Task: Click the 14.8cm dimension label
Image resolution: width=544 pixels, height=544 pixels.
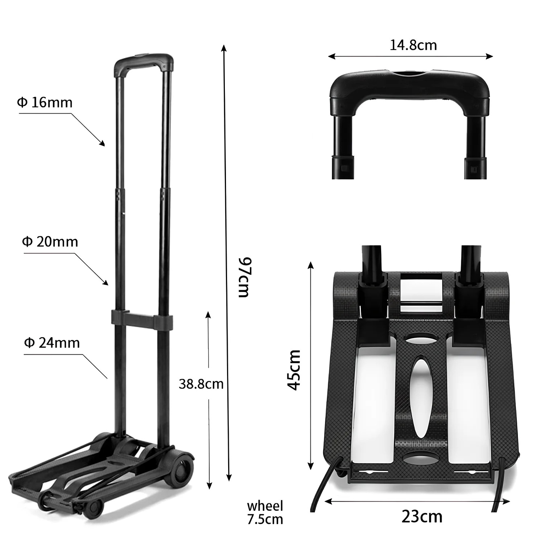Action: click(413, 45)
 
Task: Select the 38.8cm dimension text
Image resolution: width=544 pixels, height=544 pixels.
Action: click(201, 384)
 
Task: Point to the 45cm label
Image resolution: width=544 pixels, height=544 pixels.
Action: click(294, 370)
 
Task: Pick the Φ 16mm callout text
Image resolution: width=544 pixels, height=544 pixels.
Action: click(45, 103)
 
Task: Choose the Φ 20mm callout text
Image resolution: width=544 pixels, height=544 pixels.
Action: click(50, 242)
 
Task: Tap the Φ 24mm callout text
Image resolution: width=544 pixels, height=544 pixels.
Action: click(52, 343)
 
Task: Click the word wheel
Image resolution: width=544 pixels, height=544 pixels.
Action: click(265, 506)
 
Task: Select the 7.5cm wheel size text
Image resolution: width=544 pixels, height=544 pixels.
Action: click(265, 519)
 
